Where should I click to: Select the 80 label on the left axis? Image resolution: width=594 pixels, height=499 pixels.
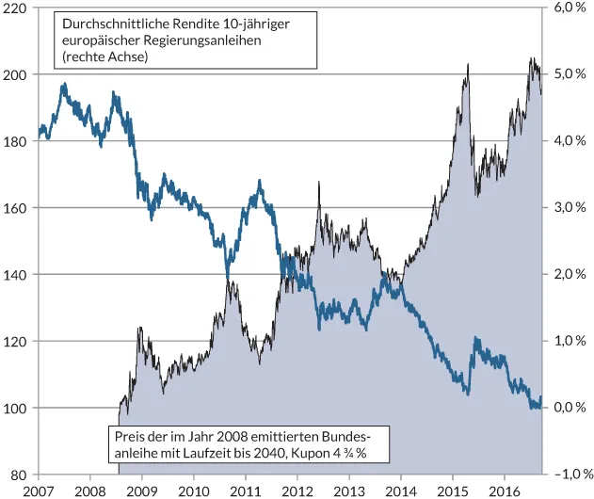coord(19,475)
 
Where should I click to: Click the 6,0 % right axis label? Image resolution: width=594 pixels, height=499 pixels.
coord(569,8)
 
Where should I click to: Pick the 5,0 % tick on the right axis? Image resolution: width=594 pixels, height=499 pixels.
coord(569,74)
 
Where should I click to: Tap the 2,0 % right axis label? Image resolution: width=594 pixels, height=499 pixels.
coord(569,274)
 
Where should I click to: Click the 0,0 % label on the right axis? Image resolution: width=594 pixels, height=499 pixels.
coord(569,408)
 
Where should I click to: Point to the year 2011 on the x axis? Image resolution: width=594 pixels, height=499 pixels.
coord(246,491)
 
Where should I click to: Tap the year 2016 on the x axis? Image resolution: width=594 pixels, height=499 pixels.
coord(505,491)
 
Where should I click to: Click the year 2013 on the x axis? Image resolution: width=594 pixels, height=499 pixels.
coord(349,491)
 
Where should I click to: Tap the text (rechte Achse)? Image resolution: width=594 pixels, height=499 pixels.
coord(104,57)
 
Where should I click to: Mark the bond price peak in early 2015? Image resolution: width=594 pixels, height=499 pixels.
coord(468,65)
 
